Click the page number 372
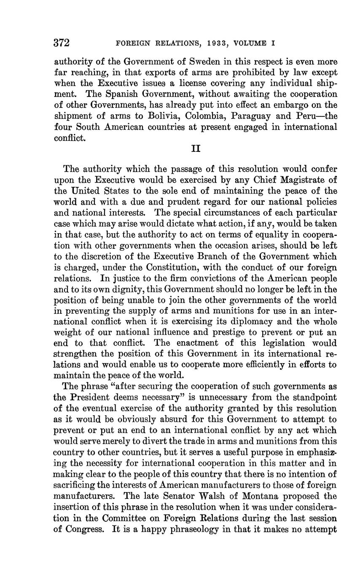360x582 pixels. click(x=62, y=43)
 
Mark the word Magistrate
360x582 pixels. click(x=301, y=180)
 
